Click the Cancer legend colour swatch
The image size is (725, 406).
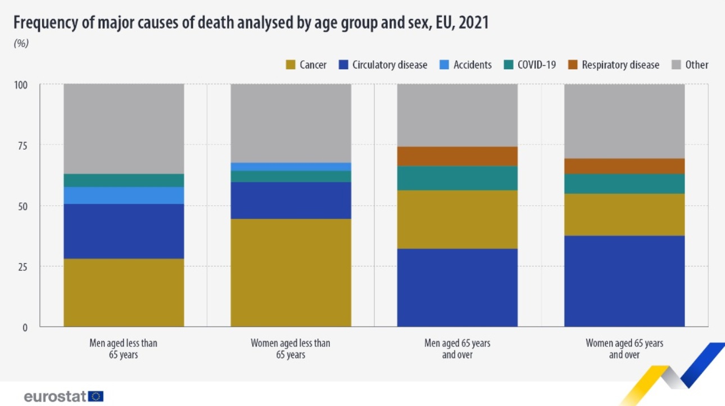290,65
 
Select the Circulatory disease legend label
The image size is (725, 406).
389,65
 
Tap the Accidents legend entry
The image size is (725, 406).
473,65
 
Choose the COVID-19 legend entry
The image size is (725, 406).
536,65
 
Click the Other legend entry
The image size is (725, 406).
696,65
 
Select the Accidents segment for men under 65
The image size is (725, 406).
124,195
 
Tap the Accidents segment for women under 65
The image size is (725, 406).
291,166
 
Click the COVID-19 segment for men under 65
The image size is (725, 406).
124,180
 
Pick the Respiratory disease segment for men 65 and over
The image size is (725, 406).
457,156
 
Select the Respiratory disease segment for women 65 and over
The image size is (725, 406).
624,166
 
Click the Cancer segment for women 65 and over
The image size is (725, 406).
624,214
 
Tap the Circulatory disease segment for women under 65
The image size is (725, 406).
291,200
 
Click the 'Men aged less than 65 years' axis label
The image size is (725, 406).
123,348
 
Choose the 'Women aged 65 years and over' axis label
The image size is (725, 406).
624,348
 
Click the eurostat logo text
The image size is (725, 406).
55,396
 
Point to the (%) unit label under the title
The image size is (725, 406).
21,43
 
